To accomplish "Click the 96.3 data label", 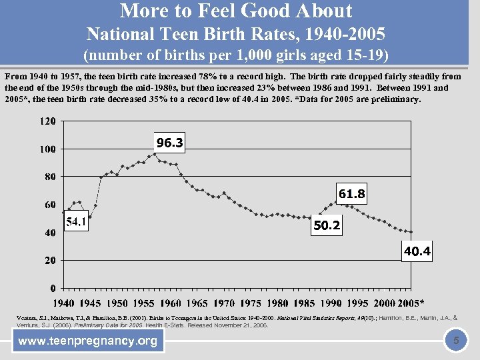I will tap(169, 143).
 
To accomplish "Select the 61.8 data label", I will tap(352, 194).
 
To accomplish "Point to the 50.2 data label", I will tap(327, 225).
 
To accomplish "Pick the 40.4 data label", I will tap(417, 251).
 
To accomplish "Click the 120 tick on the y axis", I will tap(47, 121).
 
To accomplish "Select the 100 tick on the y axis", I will tap(47, 149).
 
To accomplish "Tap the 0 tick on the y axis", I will tap(52, 289).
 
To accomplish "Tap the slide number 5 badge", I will tap(456, 341).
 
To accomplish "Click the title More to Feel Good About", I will tap(236, 11).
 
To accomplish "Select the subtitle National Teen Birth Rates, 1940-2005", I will tap(236, 33).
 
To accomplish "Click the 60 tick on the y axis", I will tap(49, 205).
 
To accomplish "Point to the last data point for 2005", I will tap(411, 232).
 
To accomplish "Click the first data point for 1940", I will tap(63, 213).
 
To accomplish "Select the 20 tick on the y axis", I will tap(49, 261).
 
